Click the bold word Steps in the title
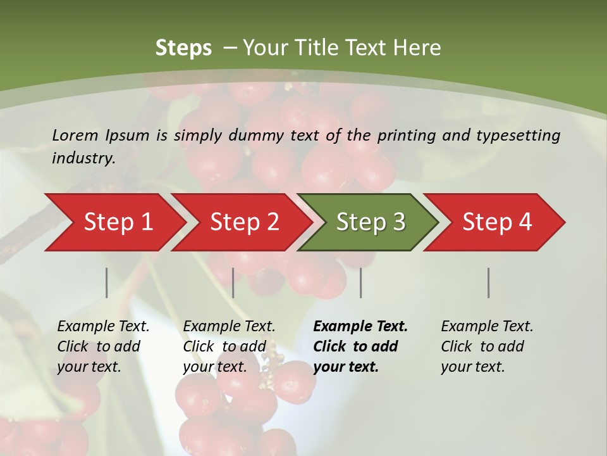click(183, 48)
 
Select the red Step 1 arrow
click(114, 222)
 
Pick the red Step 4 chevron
click(496, 222)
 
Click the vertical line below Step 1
click(107, 282)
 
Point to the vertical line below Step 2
click(233, 282)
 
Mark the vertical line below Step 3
click(361, 282)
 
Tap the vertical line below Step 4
click(489, 282)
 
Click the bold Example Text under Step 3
click(360, 327)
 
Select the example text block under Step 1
click(103, 346)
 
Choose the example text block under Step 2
click(229, 346)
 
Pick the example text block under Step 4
click(487, 346)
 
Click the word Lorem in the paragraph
click(75, 136)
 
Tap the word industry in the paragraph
click(83, 158)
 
